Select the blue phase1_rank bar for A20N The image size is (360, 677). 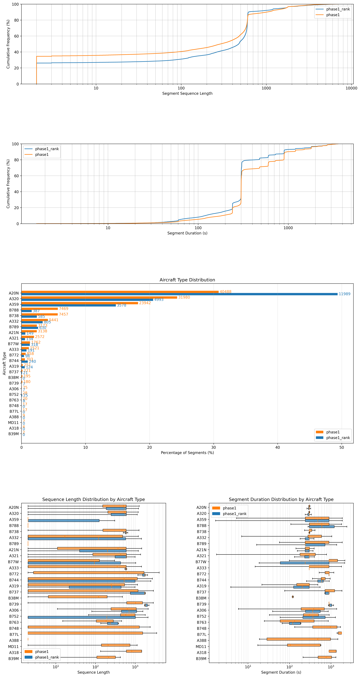tap(179, 294)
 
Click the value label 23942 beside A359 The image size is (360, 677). tap(145, 303)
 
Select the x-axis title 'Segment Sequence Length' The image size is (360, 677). tap(187, 94)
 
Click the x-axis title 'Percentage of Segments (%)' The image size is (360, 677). tap(187, 453)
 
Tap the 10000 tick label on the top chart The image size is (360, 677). tap(351, 88)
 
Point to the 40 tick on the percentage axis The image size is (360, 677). tap(277, 447)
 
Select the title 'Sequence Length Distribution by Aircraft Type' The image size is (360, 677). tap(93, 499)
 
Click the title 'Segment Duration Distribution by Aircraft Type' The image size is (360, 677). tap(281, 499)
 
